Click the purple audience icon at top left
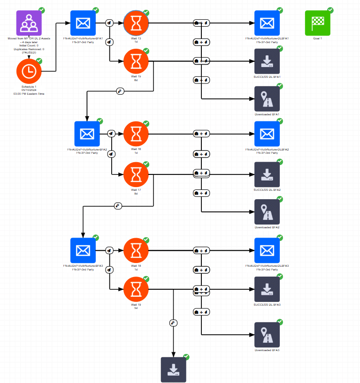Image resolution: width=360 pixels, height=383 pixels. (x=29, y=23)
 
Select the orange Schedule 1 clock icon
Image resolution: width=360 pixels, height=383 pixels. (x=29, y=71)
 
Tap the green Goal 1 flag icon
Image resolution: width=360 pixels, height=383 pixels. (x=318, y=23)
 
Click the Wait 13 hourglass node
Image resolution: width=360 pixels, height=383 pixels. (x=136, y=23)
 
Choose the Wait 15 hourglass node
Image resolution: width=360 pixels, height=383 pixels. (x=136, y=60)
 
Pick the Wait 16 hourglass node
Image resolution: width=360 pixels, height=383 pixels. (x=136, y=134)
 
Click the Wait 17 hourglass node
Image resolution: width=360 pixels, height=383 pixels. (x=136, y=174)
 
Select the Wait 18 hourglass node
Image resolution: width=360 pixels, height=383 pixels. (x=136, y=250)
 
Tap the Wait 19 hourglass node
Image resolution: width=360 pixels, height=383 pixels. (x=136, y=289)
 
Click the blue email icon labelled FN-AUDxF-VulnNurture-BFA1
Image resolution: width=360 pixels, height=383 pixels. (x=83, y=23)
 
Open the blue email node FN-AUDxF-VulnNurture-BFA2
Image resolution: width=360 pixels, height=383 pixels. (x=87, y=134)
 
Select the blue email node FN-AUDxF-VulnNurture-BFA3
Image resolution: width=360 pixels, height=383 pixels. (x=83, y=250)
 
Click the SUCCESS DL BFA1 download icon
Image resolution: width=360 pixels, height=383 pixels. (x=267, y=60)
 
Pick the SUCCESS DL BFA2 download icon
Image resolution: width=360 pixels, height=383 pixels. (x=267, y=174)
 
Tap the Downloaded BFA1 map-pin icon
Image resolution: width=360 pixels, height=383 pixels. (x=267, y=98)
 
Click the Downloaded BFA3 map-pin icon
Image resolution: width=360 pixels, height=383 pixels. (x=267, y=335)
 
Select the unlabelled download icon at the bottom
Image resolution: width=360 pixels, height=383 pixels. (x=174, y=369)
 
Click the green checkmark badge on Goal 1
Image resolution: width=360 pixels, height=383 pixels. (x=330, y=10)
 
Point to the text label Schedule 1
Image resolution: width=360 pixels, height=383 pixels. (x=29, y=87)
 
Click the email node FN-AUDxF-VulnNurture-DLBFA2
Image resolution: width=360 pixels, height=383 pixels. (x=267, y=134)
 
